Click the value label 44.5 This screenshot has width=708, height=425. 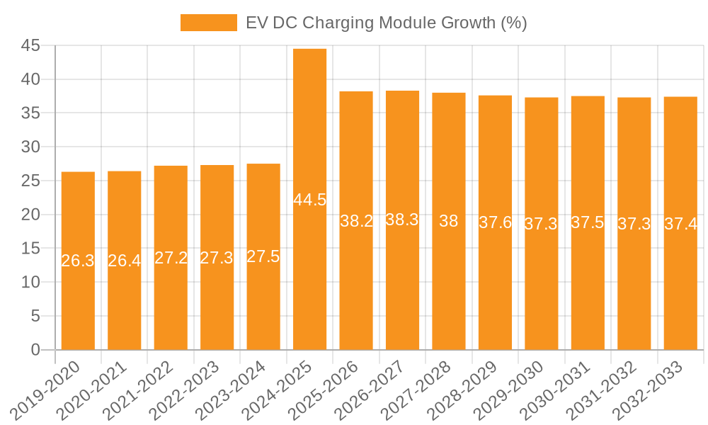click(310, 200)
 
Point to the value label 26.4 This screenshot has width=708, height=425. click(125, 261)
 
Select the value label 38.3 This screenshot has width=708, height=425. click(402, 220)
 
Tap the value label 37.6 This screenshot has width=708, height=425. click(496, 222)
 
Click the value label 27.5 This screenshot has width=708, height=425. click(263, 256)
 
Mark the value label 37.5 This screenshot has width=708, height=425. click(588, 222)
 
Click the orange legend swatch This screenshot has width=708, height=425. click(209, 23)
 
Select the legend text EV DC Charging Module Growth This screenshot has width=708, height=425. click(386, 23)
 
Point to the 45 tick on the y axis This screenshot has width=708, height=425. click(30, 46)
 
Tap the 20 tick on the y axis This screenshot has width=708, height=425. click(30, 215)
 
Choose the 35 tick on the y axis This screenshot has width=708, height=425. click(30, 113)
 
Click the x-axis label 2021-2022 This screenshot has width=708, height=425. click(139, 390)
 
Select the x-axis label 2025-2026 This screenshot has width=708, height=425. click(325, 390)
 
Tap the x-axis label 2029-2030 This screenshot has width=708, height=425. click(510, 390)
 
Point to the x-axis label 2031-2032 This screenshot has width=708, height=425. click(603, 390)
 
